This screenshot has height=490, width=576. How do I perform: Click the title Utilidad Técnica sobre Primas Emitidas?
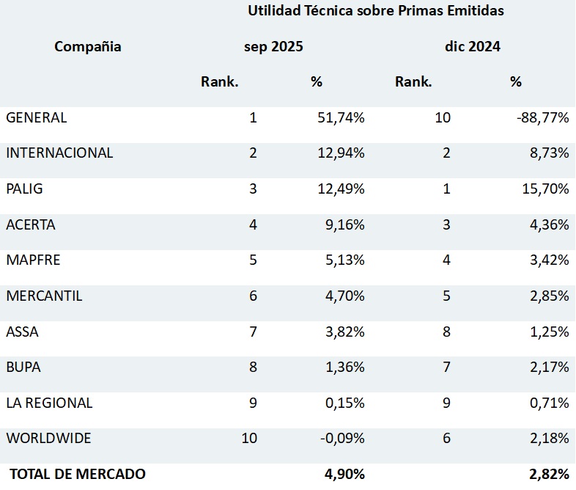(375, 11)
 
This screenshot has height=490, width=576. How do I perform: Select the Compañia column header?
(88, 47)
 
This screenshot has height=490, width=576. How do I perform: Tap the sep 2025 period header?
(273, 47)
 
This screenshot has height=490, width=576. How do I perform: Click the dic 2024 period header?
(473, 47)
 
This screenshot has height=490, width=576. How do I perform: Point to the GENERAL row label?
(37, 117)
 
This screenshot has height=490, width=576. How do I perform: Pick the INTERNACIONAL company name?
(59, 153)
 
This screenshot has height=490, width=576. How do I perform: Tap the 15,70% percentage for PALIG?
(543, 189)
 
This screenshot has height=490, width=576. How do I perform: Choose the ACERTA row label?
(31, 225)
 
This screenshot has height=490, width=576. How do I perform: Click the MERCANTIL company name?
(44, 296)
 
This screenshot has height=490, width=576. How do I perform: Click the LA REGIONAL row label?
(49, 403)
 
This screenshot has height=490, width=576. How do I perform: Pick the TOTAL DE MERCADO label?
(77, 475)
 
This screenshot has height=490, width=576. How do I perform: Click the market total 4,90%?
(344, 475)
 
